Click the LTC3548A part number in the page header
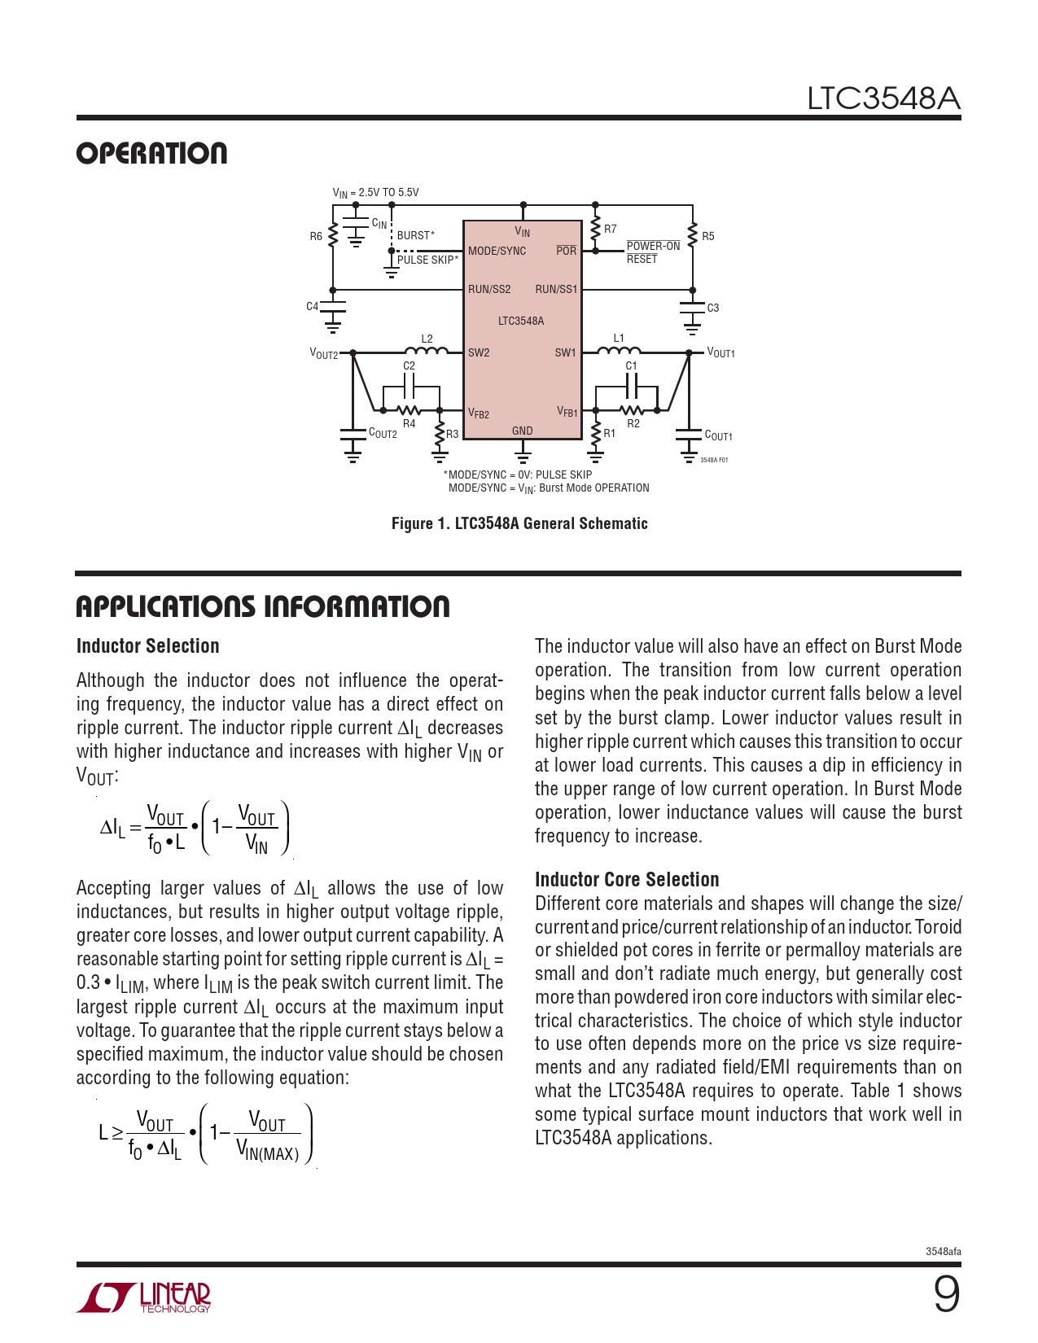(883, 98)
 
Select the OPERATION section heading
(151, 154)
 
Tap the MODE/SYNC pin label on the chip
(497, 251)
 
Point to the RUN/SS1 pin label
(556, 289)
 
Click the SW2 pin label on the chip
(479, 352)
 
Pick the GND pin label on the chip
(522, 431)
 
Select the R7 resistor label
(610, 230)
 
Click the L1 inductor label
(619, 338)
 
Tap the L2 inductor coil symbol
(427, 351)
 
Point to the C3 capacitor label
(712, 308)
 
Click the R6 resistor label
(316, 236)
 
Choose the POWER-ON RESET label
(653, 252)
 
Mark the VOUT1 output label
(720, 352)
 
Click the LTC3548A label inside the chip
(521, 321)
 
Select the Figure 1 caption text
(519, 523)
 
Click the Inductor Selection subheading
(148, 646)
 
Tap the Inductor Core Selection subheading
(627, 880)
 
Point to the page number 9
(946, 1293)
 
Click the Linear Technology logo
(144, 1297)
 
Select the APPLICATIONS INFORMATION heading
(262, 606)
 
